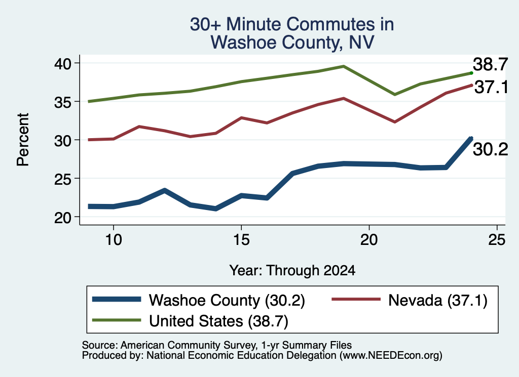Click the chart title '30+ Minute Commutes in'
coord(292,24)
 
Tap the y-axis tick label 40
coord(62,63)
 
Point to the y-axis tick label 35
coord(62,102)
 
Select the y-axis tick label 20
coord(62,217)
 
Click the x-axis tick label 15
coord(241,239)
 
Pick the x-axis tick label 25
coord(497,239)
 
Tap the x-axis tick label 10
coord(114,239)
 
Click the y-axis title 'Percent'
coord(23,140)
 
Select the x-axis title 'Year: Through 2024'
coord(292,270)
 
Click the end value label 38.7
coord(490,64)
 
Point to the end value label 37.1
coord(491,88)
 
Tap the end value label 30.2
coord(490,150)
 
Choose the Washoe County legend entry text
coord(227,301)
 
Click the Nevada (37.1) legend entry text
coord(437,301)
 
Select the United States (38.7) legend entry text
coord(218,321)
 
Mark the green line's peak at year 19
coord(344,66)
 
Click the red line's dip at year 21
coord(394,122)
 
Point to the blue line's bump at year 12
coord(165,190)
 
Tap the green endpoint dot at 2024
coord(471,73)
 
